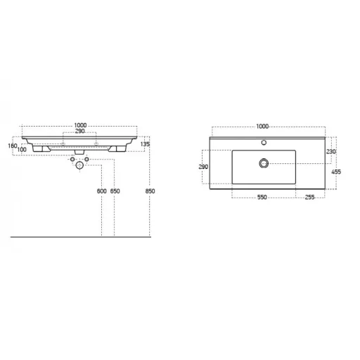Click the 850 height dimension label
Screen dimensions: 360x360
pyautogui.click(x=150, y=191)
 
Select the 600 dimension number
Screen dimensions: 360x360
pyautogui.click(x=102, y=191)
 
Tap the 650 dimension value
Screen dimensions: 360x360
pyautogui.click(x=115, y=191)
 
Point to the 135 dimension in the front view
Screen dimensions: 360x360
pyautogui.click(x=145, y=144)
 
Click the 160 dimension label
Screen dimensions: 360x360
pyautogui.click(x=13, y=146)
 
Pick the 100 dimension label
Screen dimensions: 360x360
pyautogui.click(x=22, y=149)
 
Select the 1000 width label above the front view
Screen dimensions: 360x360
pyautogui.click(x=80, y=125)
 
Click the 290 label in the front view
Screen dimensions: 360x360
pyautogui.click(x=79, y=131)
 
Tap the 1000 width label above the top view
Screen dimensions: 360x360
pyautogui.click(x=262, y=127)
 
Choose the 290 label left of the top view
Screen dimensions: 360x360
pyautogui.click(x=203, y=167)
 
